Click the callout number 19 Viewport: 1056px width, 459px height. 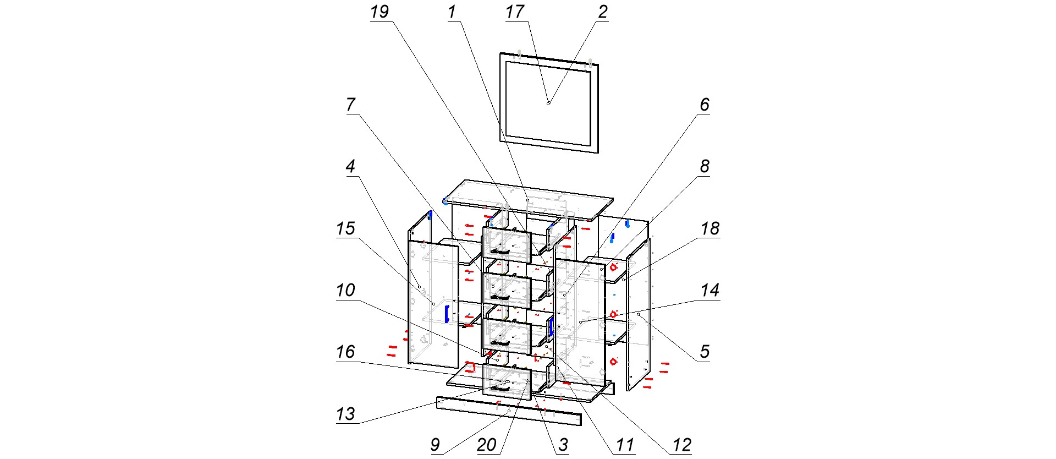point(380,12)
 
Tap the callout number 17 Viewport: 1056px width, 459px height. point(515,12)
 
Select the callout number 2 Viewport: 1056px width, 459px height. point(603,12)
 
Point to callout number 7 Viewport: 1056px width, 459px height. point(351,105)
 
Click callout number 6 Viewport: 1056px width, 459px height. point(705,105)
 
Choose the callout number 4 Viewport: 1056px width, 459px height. point(351,167)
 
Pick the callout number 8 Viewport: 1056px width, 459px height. point(705,167)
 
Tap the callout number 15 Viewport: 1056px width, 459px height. point(346,229)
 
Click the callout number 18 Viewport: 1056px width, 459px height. point(710,229)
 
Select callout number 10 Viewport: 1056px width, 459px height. point(346,291)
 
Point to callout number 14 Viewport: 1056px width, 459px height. point(710,291)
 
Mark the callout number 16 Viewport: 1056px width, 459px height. point(346,352)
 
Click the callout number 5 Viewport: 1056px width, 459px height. point(705,352)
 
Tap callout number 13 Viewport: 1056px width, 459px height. point(346,414)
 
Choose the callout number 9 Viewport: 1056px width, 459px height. point(435,445)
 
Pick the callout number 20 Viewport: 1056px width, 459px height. point(487,445)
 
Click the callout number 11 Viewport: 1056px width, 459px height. point(625,445)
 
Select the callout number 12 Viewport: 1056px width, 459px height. point(682,445)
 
